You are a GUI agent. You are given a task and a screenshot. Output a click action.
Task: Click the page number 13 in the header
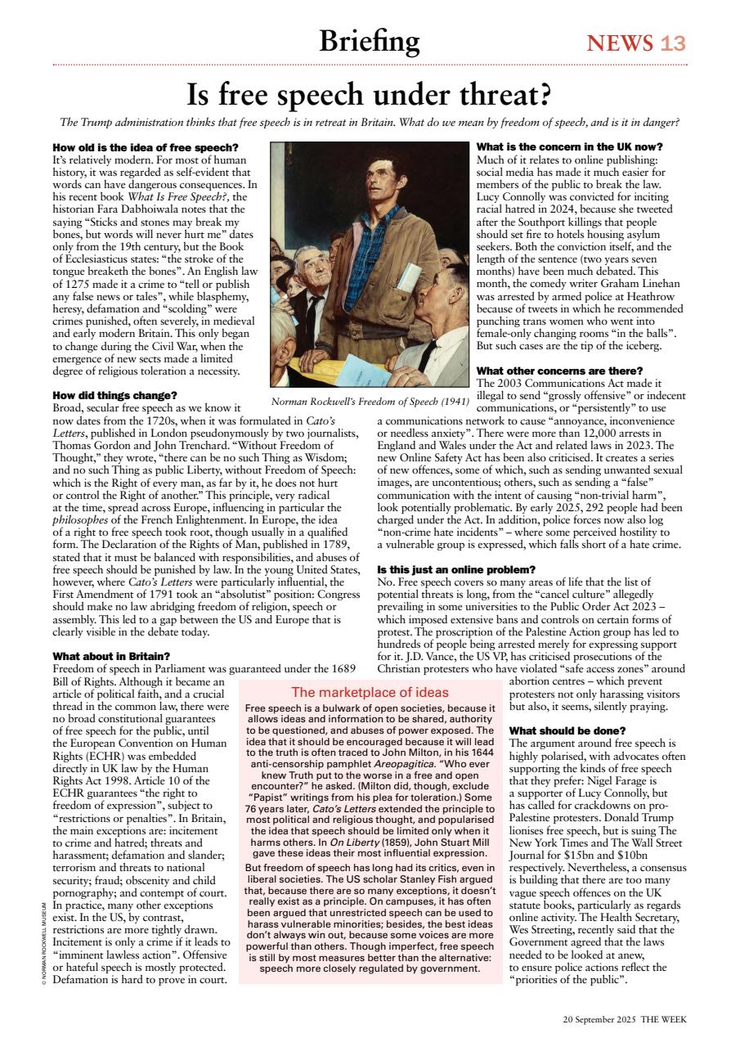pos(673,43)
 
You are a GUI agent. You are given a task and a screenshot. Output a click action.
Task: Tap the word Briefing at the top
pos(369,40)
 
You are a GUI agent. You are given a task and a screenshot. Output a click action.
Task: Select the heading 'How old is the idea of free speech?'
pos(134,147)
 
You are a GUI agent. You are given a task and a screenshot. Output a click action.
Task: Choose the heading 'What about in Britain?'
pos(111,656)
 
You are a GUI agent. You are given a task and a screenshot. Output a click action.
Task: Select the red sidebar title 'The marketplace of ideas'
pos(370,692)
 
